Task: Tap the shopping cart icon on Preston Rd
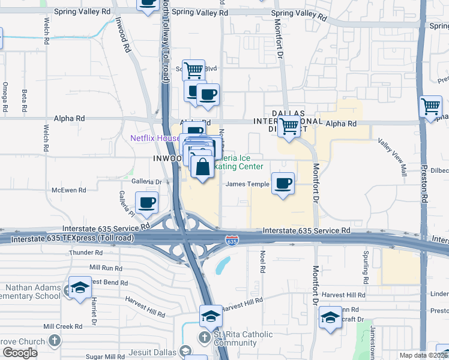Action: pyautogui.click(x=431, y=107)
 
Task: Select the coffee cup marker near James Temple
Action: pyautogui.click(x=283, y=183)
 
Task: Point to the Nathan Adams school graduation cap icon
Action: pyautogui.click(x=79, y=287)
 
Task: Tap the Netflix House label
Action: pyautogui.click(x=155, y=138)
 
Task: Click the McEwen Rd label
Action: pyautogui.click(x=70, y=190)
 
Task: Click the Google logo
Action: pyautogui.click(x=20, y=353)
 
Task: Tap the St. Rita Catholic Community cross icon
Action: pyautogui.click(x=205, y=339)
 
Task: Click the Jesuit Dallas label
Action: pyautogui.click(x=157, y=350)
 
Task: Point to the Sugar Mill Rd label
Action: pyautogui.click(x=105, y=356)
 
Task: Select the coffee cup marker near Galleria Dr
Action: pyautogui.click(x=146, y=202)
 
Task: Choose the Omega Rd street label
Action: pyautogui.click(x=5, y=96)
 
